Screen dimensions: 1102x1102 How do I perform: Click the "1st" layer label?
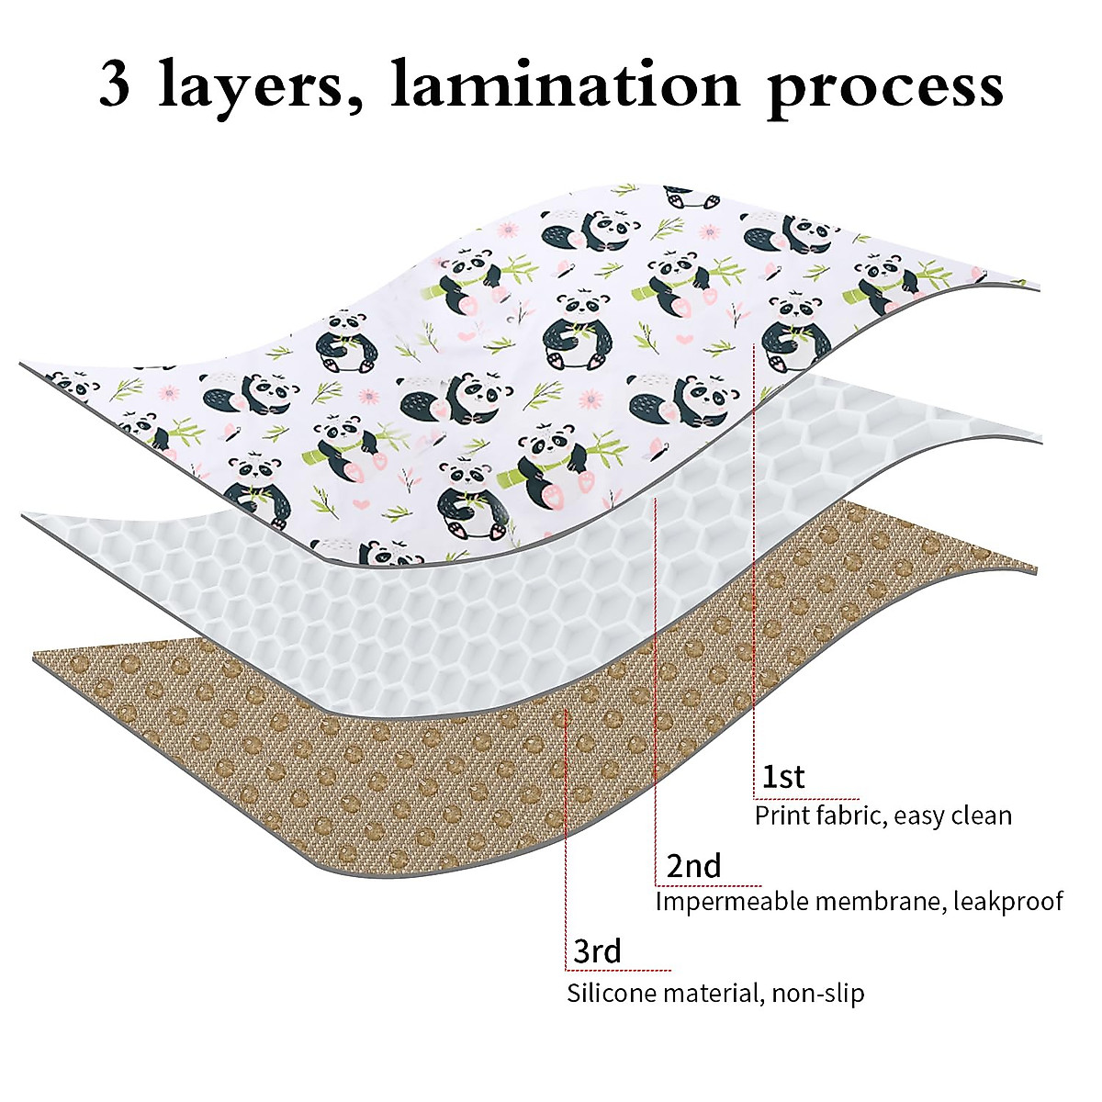click(x=783, y=777)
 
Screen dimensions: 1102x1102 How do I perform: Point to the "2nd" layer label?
click(x=693, y=866)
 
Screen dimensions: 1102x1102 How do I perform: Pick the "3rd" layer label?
click(x=597, y=951)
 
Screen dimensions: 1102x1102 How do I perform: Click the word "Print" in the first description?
click(x=782, y=815)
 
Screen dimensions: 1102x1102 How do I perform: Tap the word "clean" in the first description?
click(x=979, y=815)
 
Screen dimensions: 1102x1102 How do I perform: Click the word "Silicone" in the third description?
click(x=613, y=993)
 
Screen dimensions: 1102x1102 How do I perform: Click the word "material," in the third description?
click(x=712, y=993)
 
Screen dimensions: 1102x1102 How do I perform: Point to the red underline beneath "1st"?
click(x=808, y=798)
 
